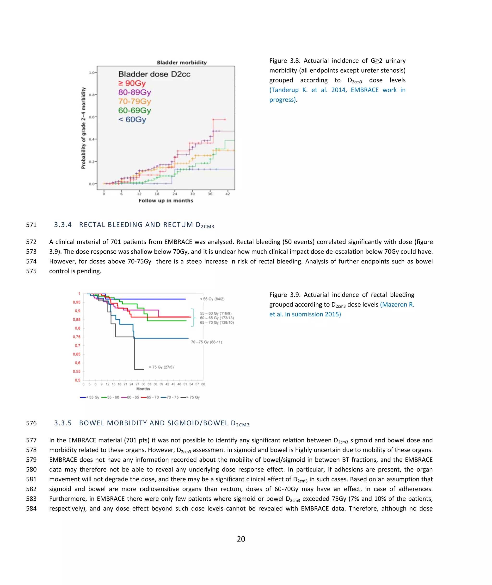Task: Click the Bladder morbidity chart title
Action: tap(182, 63)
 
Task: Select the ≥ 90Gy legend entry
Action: tap(132, 83)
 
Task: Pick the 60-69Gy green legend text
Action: tap(135, 111)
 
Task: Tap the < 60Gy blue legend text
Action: tap(132, 120)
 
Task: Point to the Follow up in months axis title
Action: tap(166, 201)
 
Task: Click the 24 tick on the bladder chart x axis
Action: tap(175, 194)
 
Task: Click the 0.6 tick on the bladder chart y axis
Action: tap(92, 117)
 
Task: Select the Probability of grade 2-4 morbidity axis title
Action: tap(83, 128)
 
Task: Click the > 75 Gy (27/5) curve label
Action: tap(161, 367)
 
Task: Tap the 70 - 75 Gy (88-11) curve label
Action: tap(206, 342)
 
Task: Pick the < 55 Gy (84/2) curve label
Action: tap(212, 299)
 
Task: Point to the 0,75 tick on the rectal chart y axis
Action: tap(76, 337)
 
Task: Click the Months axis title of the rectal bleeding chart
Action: tap(143, 389)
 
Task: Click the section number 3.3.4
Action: tap(63, 225)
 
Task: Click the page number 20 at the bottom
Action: tap(241, 539)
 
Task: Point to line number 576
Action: tap(31, 423)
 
